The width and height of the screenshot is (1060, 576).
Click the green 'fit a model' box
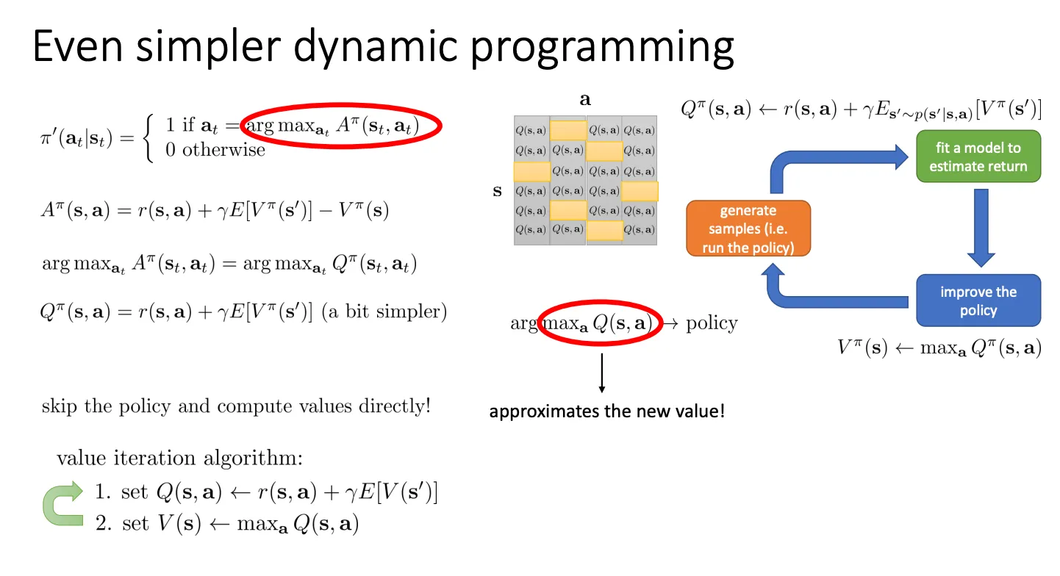pos(978,156)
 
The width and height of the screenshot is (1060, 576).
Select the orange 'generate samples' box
pos(748,229)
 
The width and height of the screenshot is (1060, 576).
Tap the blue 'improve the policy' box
pos(978,300)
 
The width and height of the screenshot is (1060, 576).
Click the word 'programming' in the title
pos(602,46)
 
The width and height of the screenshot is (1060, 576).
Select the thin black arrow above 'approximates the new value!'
pos(602,372)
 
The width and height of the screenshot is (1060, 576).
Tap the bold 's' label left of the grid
pos(497,192)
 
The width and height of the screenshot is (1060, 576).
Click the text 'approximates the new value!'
pos(607,411)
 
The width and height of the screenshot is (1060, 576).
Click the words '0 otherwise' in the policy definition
pos(215,151)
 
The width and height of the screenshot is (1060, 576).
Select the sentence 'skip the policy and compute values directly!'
pos(236,406)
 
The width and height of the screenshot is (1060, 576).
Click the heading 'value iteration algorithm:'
pos(179,458)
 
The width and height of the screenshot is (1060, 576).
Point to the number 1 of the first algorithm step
pos(101,492)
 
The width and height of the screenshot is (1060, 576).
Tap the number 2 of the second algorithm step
pos(101,524)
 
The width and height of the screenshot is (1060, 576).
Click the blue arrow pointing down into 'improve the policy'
pos(981,228)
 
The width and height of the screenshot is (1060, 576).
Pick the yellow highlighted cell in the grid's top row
pos(567,130)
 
